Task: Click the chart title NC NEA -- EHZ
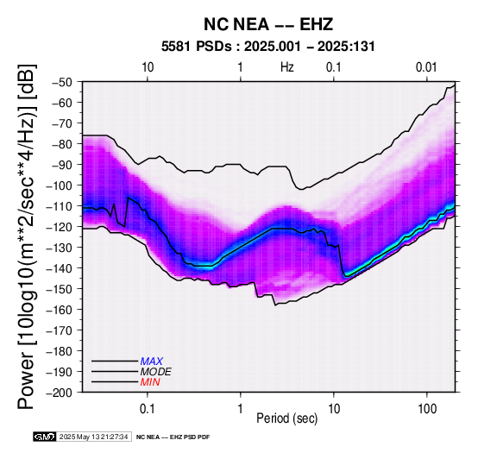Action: pos(268,24)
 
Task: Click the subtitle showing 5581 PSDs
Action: pos(268,47)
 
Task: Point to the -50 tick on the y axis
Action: pos(62,83)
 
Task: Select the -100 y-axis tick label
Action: pos(60,185)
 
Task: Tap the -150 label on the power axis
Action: pos(60,289)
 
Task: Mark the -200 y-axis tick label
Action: pos(60,393)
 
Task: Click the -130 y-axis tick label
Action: pos(60,248)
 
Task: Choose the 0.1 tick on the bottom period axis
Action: pos(148,409)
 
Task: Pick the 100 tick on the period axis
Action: pos(427,409)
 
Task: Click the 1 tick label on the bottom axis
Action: pos(241,409)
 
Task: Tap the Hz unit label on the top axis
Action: pos(287,67)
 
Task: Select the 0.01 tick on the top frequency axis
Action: pos(426,67)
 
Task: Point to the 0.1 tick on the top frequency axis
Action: pos(334,67)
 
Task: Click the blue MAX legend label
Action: pos(152,362)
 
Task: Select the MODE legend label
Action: pos(156,372)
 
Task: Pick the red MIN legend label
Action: pos(150,382)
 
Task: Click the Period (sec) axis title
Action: pos(287,418)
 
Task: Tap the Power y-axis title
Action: pos(27,236)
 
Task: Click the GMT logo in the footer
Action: pos(45,437)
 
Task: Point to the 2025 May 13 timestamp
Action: pos(93,437)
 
